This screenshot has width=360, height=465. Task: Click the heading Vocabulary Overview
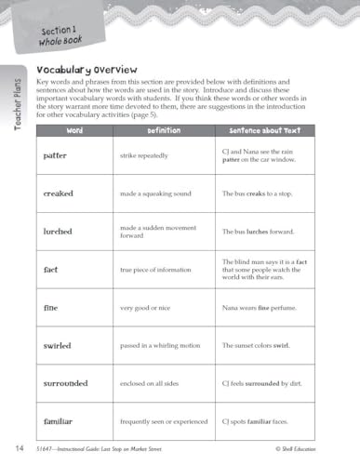[x=86, y=69]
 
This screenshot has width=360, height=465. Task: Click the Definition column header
[x=164, y=131]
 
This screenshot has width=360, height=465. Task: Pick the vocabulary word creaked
[x=59, y=193]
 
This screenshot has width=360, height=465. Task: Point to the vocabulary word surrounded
[x=65, y=383]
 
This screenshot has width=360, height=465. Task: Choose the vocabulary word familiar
[x=60, y=421]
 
